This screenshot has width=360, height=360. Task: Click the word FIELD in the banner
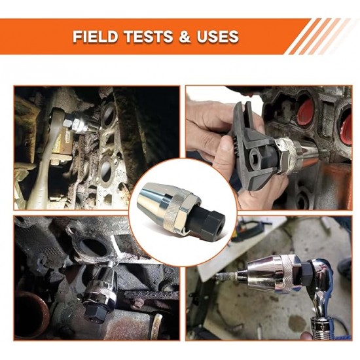coord(96,37)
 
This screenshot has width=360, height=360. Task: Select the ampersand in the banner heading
coord(185,37)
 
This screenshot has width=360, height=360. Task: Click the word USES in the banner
coord(217,37)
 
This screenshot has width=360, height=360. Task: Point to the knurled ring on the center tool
coord(175,208)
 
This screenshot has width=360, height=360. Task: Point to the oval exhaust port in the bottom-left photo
coord(94,249)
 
